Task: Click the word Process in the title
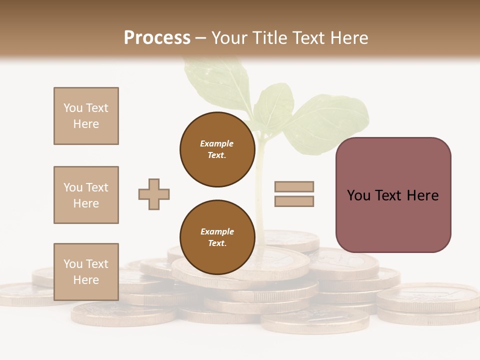tap(157, 38)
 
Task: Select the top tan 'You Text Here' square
tap(86, 116)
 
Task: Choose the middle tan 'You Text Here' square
tap(86, 195)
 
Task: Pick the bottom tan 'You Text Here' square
tap(86, 271)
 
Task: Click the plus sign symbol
tap(154, 194)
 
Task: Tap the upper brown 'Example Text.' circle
tap(217, 149)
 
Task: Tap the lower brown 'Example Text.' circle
tap(217, 237)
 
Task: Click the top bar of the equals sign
tap(294, 186)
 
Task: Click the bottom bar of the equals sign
tap(294, 201)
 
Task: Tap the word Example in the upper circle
tap(217, 143)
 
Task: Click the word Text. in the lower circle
tap(217, 243)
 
